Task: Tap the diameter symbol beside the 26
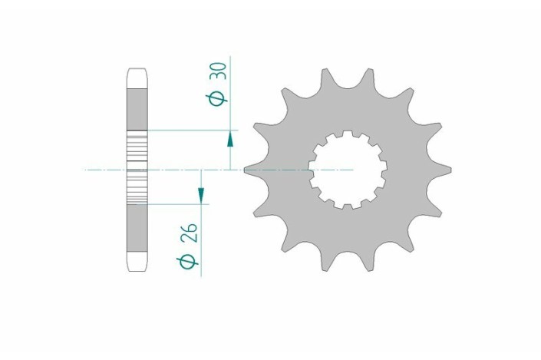[x=187, y=261]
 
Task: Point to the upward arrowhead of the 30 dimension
[x=229, y=137]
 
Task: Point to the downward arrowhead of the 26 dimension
[x=200, y=197]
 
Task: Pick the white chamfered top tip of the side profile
[x=137, y=78]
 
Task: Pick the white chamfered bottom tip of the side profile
[x=137, y=260]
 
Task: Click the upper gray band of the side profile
[x=137, y=107]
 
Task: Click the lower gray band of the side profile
[x=137, y=228]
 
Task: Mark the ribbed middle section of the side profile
[x=137, y=168]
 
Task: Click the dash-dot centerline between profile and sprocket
[x=192, y=169]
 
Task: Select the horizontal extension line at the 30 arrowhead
[x=192, y=130]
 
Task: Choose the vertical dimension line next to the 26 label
[x=200, y=238]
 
